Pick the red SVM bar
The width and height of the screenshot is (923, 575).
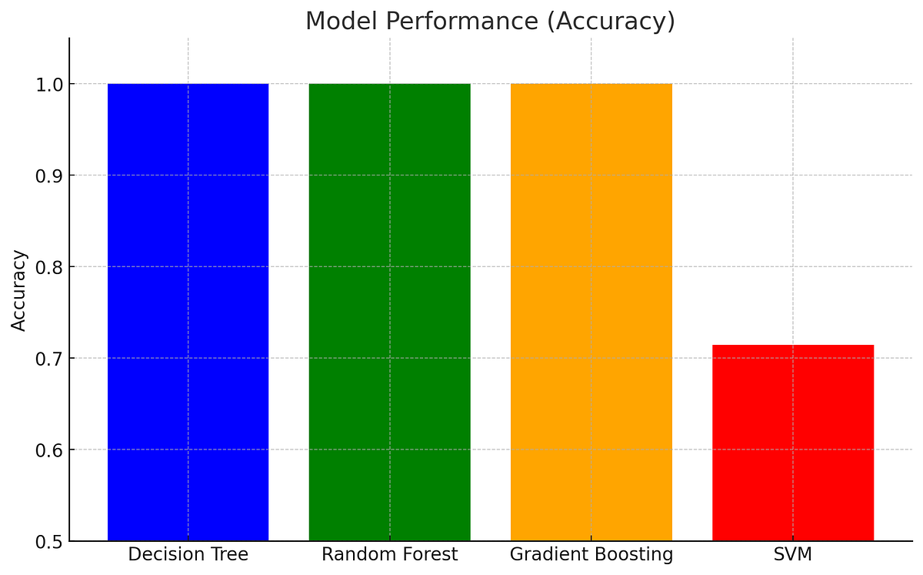click(793, 443)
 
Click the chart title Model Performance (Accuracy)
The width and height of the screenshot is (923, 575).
click(490, 21)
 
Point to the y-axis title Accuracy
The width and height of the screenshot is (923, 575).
click(19, 290)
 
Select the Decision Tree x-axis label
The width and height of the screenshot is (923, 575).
click(188, 554)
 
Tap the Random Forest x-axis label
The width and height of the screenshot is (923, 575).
click(389, 554)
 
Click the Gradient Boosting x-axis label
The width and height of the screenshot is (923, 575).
click(591, 554)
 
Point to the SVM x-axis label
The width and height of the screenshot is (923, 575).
click(793, 554)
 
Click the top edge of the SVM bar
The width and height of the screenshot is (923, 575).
click(793, 346)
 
